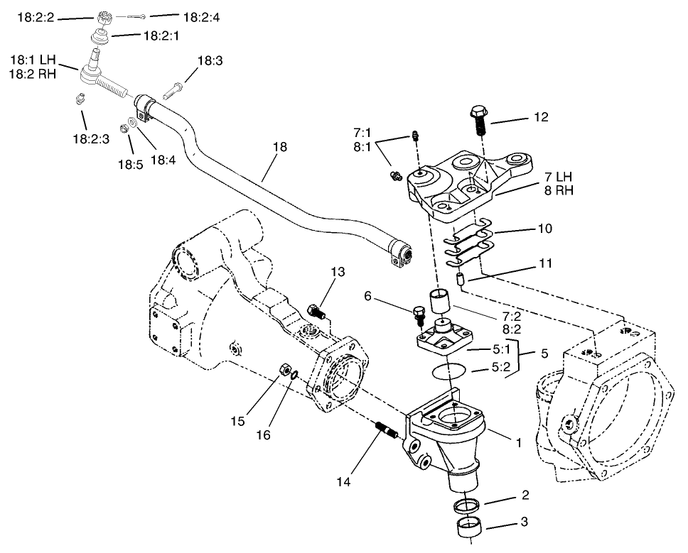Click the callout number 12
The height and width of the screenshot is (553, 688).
pos(542,118)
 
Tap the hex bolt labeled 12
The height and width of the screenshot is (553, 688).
pos(478,123)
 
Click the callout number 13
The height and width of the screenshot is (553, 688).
pos(338,272)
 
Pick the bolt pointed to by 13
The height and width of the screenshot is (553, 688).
pos(317,310)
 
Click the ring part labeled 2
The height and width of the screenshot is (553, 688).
pos(466,506)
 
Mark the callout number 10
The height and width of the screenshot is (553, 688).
pos(543,230)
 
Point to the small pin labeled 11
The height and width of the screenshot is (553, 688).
pos(461,278)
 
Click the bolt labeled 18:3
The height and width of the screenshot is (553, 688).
pos(174,92)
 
